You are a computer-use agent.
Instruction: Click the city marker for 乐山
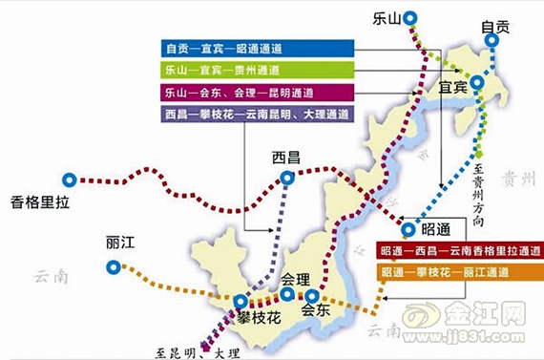click(410, 16)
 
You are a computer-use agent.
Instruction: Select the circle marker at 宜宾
click(477, 83)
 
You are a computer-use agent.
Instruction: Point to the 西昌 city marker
click(287, 178)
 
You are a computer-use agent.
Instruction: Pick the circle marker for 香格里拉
click(69, 179)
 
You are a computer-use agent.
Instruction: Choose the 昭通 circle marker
click(409, 229)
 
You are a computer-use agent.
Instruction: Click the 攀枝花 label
click(258, 316)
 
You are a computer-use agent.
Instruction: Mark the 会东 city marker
click(310, 296)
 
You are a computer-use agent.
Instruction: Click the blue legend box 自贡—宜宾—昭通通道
click(258, 48)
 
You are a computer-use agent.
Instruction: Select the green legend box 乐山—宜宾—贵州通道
click(258, 70)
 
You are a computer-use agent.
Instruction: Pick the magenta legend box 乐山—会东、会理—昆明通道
click(258, 93)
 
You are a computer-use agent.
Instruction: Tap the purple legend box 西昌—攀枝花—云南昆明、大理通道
click(258, 115)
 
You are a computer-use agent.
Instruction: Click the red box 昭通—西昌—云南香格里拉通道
click(458, 252)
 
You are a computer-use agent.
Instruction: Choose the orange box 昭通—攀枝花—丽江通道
click(458, 273)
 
